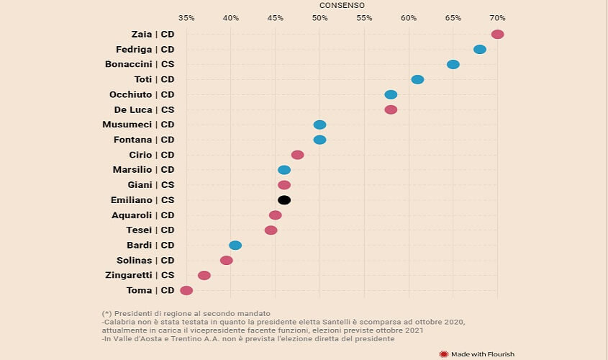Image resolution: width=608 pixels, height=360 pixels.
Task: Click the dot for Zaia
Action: tap(497, 35)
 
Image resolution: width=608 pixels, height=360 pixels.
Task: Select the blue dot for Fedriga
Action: tap(480, 50)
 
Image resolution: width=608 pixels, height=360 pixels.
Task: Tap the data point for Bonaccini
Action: tap(453, 65)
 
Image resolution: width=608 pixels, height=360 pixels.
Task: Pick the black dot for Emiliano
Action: tap(284, 200)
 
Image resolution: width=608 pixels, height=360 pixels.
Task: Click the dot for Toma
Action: tap(186, 291)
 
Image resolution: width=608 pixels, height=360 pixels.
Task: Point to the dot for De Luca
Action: tap(391, 110)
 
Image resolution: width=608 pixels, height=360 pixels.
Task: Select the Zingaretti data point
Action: tap(204, 276)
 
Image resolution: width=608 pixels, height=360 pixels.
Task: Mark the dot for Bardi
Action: tap(235, 246)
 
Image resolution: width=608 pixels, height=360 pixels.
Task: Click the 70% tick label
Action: tap(497, 17)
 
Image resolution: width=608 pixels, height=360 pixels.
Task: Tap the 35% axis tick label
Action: tap(186, 17)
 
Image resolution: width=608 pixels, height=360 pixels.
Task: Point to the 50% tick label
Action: tap(319, 17)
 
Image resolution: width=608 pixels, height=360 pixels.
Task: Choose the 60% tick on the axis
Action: tap(409, 17)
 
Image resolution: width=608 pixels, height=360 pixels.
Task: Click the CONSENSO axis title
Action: tap(342, 5)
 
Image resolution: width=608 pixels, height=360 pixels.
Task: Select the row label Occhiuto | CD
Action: tap(142, 95)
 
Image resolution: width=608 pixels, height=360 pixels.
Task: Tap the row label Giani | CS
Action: tap(151, 185)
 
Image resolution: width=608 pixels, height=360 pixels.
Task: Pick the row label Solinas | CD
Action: tap(145, 261)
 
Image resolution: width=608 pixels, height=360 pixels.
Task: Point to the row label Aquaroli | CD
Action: tap(143, 215)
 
